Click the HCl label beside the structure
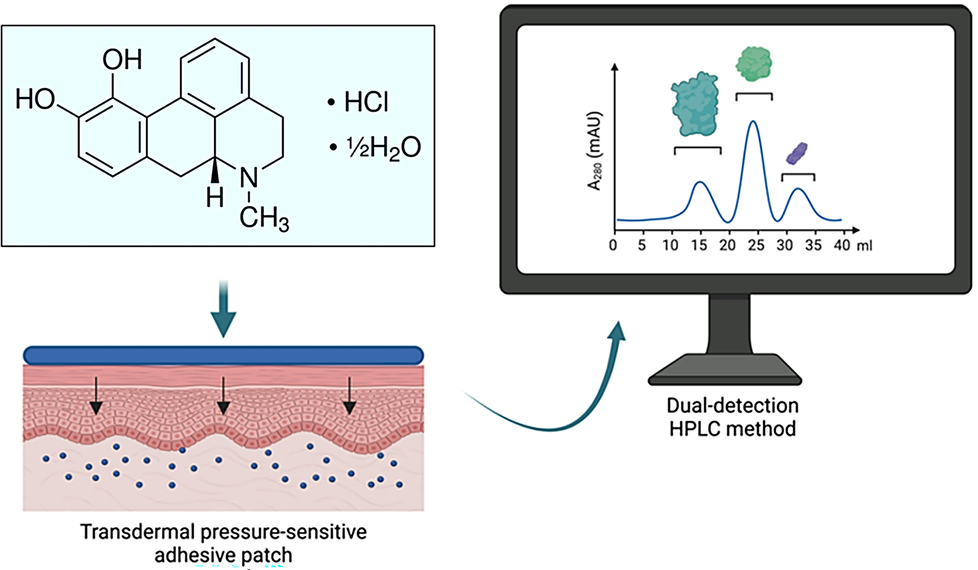[x=366, y=103]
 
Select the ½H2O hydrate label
[x=383, y=148]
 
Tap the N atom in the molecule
[x=249, y=178]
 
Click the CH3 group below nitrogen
[x=264, y=219]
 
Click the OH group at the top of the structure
[x=122, y=60]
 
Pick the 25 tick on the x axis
[x=756, y=245]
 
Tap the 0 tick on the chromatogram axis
[x=613, y=245]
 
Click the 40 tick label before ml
[x=842, y=245]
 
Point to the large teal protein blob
[x=695, y=104]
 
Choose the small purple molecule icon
[x=796, y=153]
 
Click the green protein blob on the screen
[x=754, y=63]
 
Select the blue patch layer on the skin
[x=223, y=355]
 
